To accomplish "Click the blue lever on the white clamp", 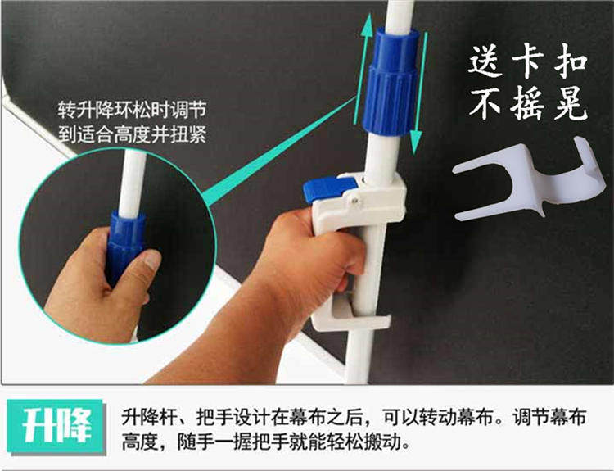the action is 328,189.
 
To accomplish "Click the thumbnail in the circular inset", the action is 152,260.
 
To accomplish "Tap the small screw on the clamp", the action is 354,201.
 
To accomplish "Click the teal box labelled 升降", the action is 56,426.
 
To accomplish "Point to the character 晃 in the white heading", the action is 571,103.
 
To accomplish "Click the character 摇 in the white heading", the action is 527,103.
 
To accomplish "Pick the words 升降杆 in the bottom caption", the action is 149,417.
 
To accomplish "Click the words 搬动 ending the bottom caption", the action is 383,443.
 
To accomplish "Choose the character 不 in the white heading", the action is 486,103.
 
